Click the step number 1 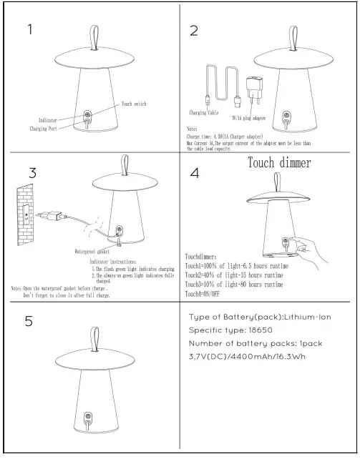click(29, 29)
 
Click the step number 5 click(29, 322)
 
